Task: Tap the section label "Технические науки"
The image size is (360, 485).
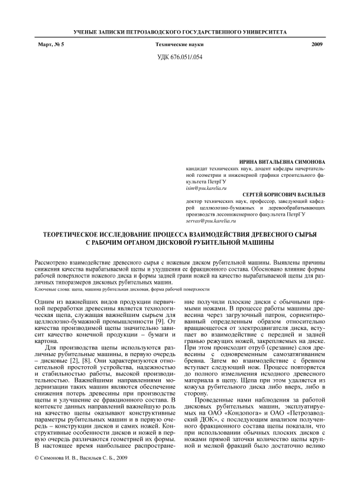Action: (180, 46)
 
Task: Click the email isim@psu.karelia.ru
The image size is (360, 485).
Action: (210, 187)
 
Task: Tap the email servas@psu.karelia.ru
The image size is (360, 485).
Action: (213, 220)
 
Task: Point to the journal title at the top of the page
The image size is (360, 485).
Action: (179, 31)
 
